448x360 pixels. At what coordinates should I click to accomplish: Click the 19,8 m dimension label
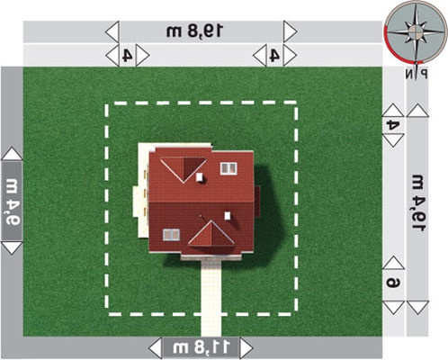(x=195, y=31)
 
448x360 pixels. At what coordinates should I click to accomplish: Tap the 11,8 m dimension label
(x=202, y=347)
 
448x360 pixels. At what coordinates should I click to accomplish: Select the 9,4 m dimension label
(x=13, y=202)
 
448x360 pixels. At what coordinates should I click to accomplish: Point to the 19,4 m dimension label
(x=418, y=202)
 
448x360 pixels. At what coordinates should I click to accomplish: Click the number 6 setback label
(x=393, y=283)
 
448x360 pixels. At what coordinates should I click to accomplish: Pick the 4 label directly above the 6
(x=393, y=125)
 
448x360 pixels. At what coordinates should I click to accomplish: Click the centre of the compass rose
(x=416, y=31)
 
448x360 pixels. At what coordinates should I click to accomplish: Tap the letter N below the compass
(x=409, y=74)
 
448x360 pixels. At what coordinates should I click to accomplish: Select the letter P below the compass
(x=424, y=74)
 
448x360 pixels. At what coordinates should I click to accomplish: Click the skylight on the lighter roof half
(x=228, y=168)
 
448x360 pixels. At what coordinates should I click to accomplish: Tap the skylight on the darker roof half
(x=171, y=235)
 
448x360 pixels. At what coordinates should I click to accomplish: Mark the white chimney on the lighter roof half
(x=200, y=177)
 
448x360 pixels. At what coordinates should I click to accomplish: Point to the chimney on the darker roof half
(x=228, y=215)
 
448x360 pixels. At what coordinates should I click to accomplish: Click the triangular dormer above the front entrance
(x=211, y=234)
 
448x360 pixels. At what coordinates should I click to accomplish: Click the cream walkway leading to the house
(x=211, y=298)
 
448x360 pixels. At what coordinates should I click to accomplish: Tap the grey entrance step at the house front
(x=211, y=257)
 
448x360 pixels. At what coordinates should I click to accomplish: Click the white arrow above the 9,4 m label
(x=12, y=154)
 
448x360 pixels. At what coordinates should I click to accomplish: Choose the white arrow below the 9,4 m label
(x=12, y=248)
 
